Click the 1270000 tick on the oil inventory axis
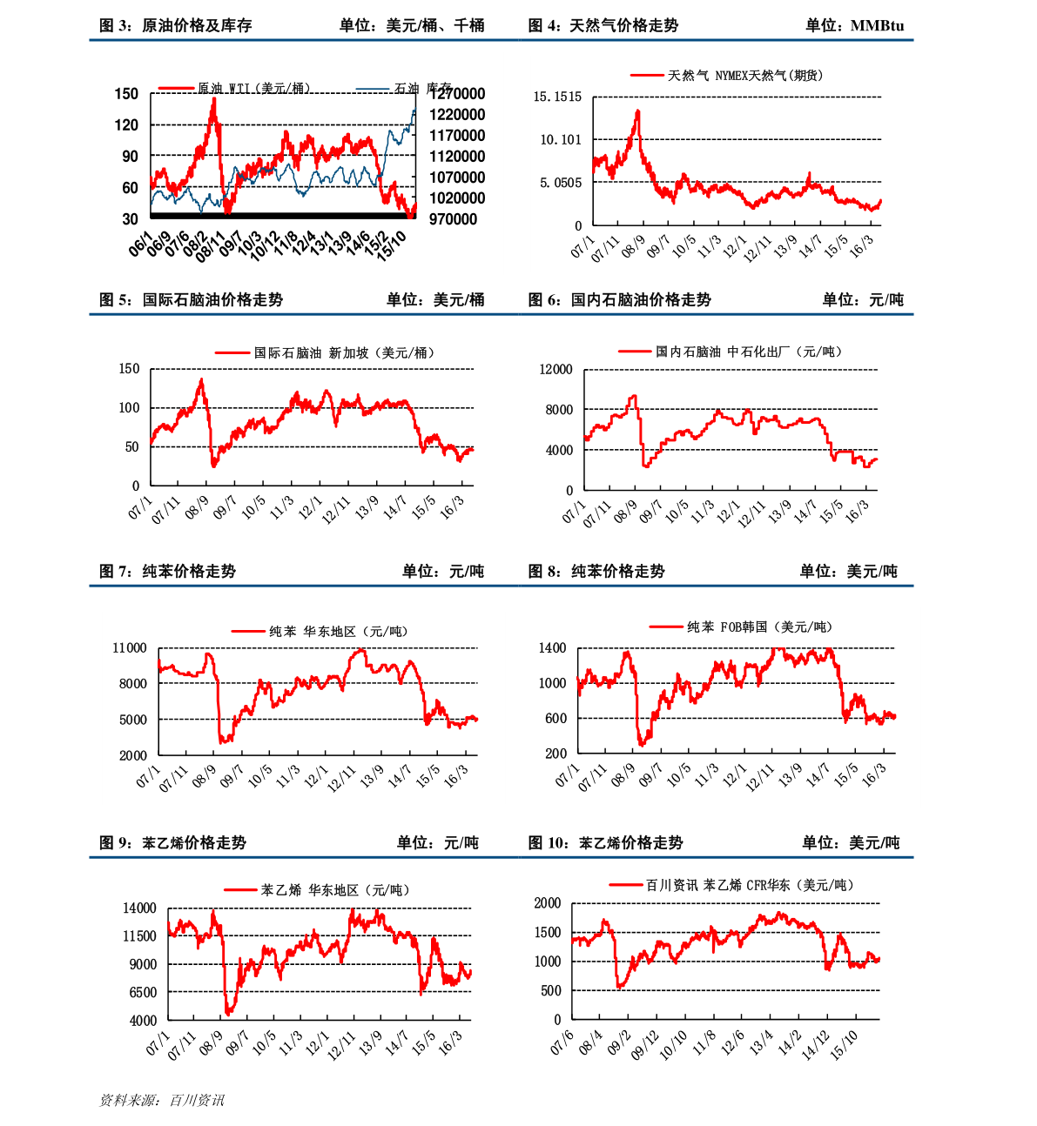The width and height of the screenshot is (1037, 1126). (457, 94)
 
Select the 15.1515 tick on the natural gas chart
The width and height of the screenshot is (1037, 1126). (557, 97)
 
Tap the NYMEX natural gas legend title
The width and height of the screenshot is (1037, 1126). (744, 76)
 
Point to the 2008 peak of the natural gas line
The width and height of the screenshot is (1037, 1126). (638, 111)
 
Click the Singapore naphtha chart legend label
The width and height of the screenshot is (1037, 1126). (344, 352)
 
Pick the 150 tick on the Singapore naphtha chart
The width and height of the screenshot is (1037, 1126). (129, 369)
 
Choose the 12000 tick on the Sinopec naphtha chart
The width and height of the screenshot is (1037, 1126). (556, 370)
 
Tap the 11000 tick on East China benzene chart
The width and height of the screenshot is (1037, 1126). (130, 648)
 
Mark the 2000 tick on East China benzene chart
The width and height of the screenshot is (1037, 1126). (133, 755)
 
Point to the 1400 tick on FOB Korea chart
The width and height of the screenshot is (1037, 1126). (552, 648)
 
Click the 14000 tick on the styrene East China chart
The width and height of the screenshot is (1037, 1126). (139, 908)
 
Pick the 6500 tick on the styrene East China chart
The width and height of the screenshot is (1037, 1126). (143, 992)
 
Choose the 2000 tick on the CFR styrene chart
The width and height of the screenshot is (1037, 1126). (548, 903)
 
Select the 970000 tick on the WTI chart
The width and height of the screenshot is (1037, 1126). (453, 219)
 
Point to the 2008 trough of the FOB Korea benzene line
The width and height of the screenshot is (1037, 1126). (643, 744)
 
